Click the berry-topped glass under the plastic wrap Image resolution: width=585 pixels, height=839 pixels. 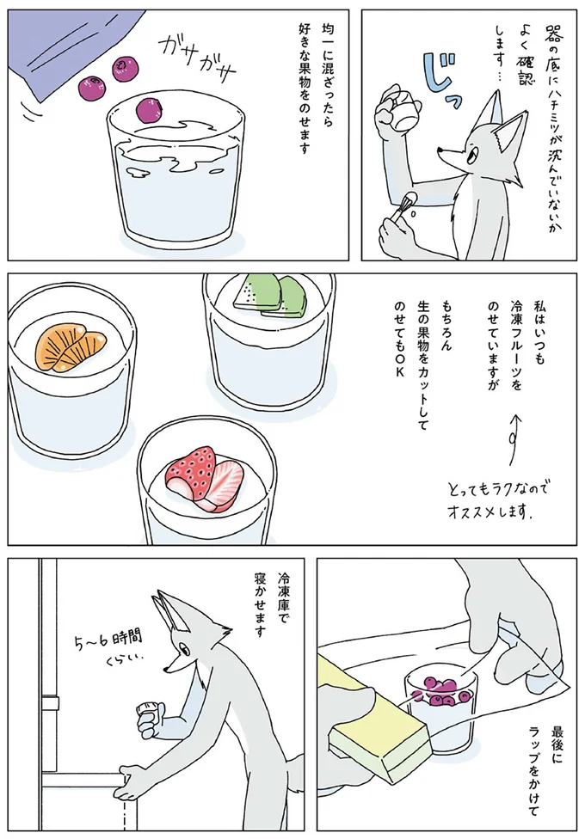point(441,705)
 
